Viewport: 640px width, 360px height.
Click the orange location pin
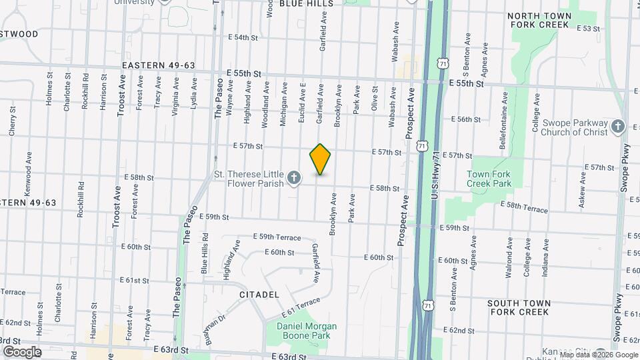click(320, 159)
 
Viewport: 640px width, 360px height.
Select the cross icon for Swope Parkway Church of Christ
click(618, 127)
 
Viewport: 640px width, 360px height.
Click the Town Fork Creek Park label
click(488, 178)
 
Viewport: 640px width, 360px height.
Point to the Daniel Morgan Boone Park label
click(307, 331)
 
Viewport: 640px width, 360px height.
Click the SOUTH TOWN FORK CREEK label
click(519, 307)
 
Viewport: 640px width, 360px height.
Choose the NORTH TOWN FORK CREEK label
click(540, 20)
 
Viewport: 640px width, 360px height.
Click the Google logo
click(22, 351)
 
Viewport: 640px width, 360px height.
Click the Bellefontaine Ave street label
click(504, 110)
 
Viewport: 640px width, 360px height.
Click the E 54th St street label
click(242, 37)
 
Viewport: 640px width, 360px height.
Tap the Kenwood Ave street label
click(29, 173)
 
